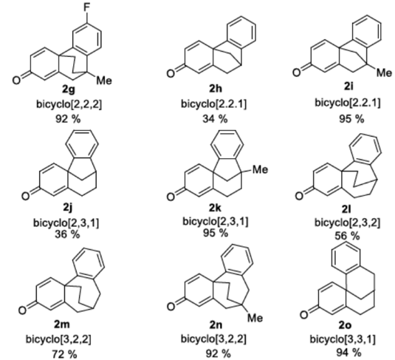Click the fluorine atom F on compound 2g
point(86,7)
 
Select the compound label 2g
point(69,89)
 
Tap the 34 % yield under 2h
point(215,118)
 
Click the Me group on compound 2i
point(384,73)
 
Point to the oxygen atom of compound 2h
point(171,73)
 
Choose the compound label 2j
point(68,208)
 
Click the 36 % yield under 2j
point(67,234)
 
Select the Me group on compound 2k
point(261,169)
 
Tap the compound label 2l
point(347,209)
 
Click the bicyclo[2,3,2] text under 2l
point(347,223)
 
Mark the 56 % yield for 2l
point(347,236)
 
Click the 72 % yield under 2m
point(65,354)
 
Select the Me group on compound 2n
point(255,318)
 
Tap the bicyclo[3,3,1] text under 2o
point(343,339)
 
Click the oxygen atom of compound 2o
point(303,315)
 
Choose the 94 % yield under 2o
point(348,353)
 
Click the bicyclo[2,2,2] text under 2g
point(69,104)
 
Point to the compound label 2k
point(216,208)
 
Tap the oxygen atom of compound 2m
point(22,310)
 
